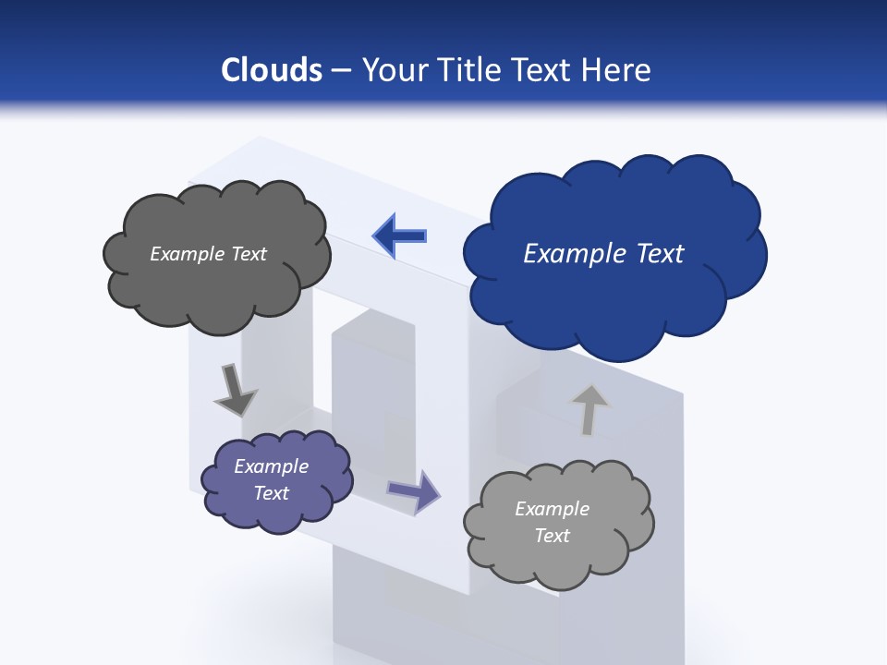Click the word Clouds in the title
(x=272, y=70)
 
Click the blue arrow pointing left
(x=401, y=236)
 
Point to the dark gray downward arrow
(x=234, y=391)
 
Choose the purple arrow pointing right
(x=415, y=490)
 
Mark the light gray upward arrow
(x=589, y=408)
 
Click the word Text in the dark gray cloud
(x=249, y=254)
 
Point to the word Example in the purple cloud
(x=272, y=466)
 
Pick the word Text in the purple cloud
(x=272, y=493)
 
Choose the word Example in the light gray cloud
(x=552, y=509)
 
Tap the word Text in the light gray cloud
(x=552, y=536)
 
